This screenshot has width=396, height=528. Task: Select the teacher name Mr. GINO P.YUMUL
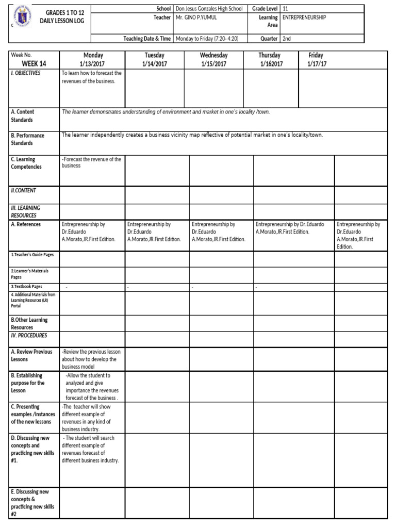[196, 17]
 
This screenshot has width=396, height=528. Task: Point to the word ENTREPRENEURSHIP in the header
[304, 17]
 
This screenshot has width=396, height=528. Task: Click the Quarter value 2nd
[287, 38]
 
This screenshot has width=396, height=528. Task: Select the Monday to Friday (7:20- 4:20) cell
[210, 38]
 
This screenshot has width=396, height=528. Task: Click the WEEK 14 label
[34, 63]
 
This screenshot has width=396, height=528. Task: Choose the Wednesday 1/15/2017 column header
[213, 59]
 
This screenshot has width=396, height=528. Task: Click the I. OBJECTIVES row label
[26, 73]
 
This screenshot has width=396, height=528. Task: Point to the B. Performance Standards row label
[27, 139]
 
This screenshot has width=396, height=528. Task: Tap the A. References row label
[26, 224]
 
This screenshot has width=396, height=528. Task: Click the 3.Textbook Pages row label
[27, 286]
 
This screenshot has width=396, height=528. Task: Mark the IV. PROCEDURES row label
[29, 336]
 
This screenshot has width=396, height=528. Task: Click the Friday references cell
[358, 235]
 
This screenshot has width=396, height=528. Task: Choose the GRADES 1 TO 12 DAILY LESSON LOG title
[64, 16]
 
